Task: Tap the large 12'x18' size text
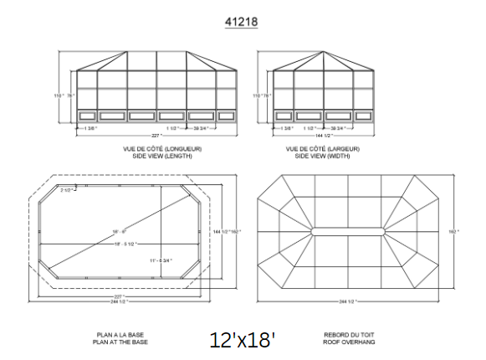(243, 339)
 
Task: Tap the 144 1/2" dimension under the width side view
(324, 136)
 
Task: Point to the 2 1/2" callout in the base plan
(67, 191)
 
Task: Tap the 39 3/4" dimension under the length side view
(200, 128)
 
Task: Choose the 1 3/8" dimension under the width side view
(287, 128)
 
